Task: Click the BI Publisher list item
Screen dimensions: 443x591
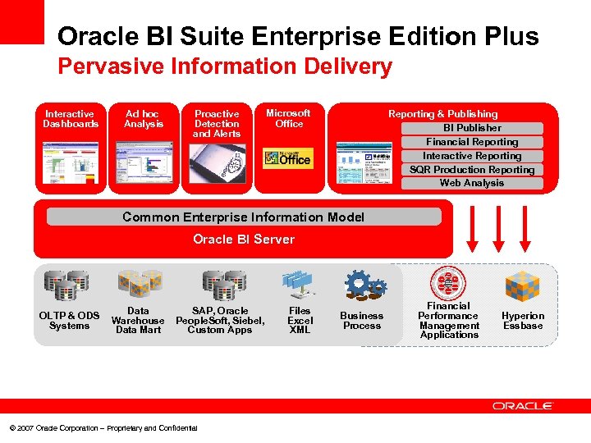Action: click(472, 128)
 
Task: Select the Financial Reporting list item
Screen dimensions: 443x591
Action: click(472, 142)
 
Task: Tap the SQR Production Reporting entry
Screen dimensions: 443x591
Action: click(472, 170)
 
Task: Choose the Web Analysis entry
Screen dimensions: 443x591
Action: click(472, 183)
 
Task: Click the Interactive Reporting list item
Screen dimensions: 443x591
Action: click(472, 156)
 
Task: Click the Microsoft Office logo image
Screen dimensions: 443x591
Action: click(287, 158)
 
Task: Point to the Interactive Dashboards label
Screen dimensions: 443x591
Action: click(71, 119)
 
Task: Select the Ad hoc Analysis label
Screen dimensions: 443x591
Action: click(144, 119)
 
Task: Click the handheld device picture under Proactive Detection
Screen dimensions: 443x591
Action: click(217, 162)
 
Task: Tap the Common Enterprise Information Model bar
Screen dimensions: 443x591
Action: click(244, 217)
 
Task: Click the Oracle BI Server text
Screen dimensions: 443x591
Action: click(244, 240)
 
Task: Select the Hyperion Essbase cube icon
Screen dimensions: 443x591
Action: click(522, 286)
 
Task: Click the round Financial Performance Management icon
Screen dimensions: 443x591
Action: click(449, 283)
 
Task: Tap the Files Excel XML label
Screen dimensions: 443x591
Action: click(300, 320)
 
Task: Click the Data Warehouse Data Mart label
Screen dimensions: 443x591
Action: click(138, 320)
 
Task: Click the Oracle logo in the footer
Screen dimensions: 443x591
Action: click(523, 406)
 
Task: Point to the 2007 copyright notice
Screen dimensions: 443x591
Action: click(103, 428)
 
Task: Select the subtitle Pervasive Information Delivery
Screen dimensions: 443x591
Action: click(225, 66)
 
